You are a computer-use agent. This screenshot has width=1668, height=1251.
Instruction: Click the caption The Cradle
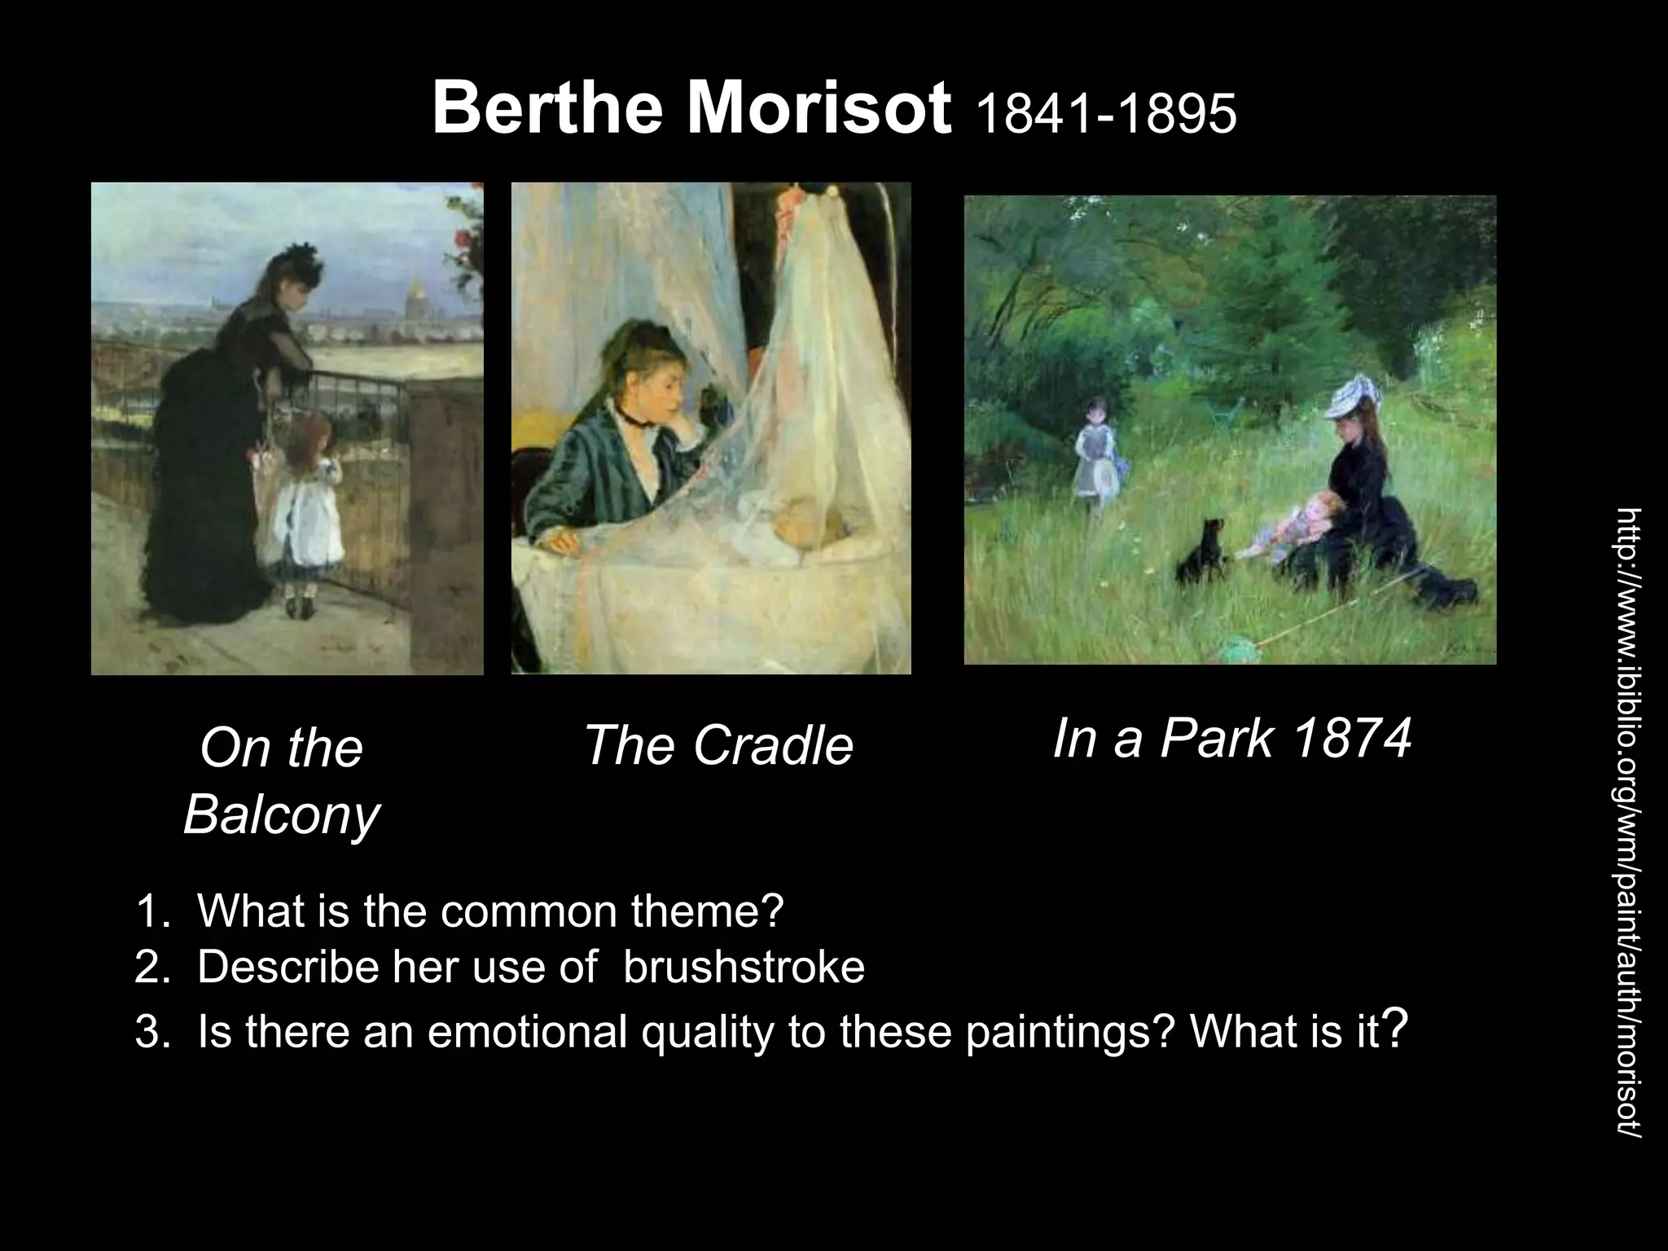pos(718,746)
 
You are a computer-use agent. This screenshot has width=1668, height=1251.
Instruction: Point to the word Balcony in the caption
pos(281,814)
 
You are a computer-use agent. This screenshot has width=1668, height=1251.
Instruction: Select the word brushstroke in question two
pos(744,968)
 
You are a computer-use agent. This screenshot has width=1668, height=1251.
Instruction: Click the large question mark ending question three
pos(1396,1028)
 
